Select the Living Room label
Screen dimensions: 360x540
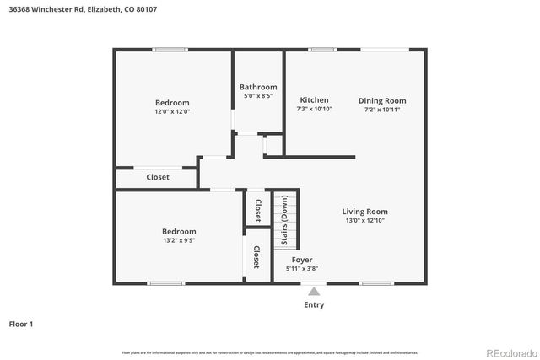[x=364, y=212]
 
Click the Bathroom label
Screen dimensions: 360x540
[x=258, y=87]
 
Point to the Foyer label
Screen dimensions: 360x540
[x=302, y=260]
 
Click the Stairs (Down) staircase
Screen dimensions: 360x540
[x=286, y=228]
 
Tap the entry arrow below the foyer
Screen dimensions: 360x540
[x=314, y=292]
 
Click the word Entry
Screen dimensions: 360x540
[x=314, y=305]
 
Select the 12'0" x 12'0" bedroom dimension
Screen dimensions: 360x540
[x=172, y=111]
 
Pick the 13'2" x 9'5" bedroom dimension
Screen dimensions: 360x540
[x=179, y=240]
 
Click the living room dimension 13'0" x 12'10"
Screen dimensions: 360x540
[x=364, y=221]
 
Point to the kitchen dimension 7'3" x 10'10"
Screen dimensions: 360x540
[x=314, y=110]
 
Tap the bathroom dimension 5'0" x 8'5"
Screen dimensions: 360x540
[x=258, y=96]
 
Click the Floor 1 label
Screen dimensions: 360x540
[x=21, y=324]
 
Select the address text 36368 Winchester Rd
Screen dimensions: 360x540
[x=44, y=9]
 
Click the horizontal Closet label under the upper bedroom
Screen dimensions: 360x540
[x=158, y=177]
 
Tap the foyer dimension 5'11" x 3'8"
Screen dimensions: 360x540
[x=302, y=269]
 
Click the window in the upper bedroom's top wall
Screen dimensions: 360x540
[x=170, y=50]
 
